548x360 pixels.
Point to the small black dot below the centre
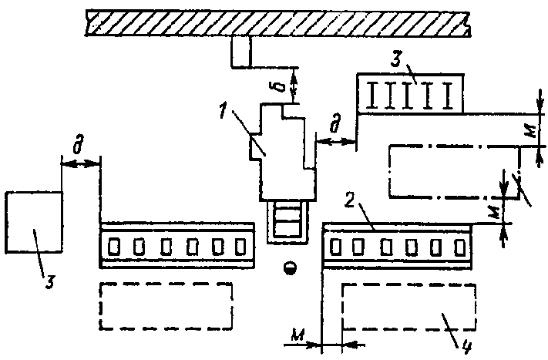pyautogui.click(x=290, y=267)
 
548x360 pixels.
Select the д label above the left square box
pyautogui.click(x=79, y=145)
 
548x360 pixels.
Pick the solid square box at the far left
pyautogui.click(x=33, y=222)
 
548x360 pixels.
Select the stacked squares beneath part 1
pyautogui.click(x=288, y=220)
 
